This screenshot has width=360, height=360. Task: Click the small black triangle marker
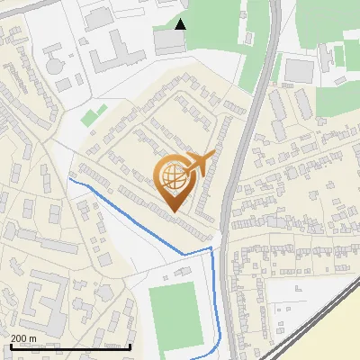(181, 24)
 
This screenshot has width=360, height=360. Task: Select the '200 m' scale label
(24, 338)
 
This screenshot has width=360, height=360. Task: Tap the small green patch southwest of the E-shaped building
(93, 116)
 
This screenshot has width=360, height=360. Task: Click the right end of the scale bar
(131, 346)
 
